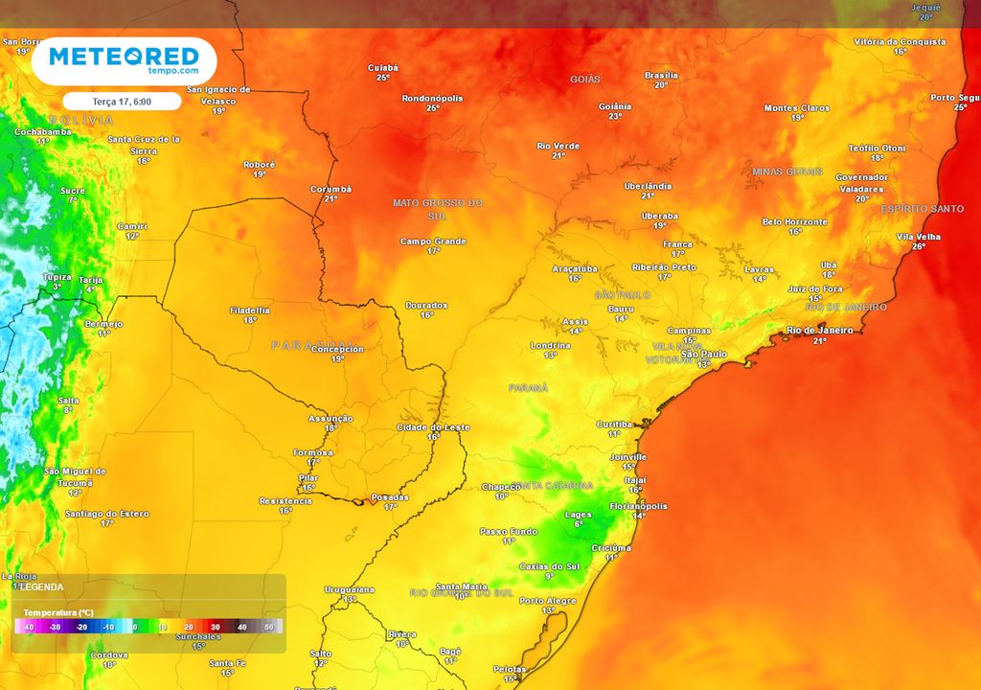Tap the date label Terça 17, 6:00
click(x=122, y=101)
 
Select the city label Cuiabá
click(x=383, y=67)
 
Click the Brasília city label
click(x=661, y=75)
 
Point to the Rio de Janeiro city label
click(x=819, y=331)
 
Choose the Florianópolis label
click(x=638, y=506)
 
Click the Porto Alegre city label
click(x=548, y=601)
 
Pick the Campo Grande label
click(x=433, y=241)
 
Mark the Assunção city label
click(x=331, y=419)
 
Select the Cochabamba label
click(x=43, y=131)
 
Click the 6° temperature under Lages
click(x=579, y=524)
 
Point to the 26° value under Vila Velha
click(x=919, y=246)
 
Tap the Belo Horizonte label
click(x=794, y=221)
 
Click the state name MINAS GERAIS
click(x=787, y=172)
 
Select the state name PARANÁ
click(x=528, y=388)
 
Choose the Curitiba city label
click(x=614, y=424)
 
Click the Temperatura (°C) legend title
click(x=58, y=611)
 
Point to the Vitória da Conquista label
click(x=900, y=42)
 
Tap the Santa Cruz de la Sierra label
click(x=144, y=145)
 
